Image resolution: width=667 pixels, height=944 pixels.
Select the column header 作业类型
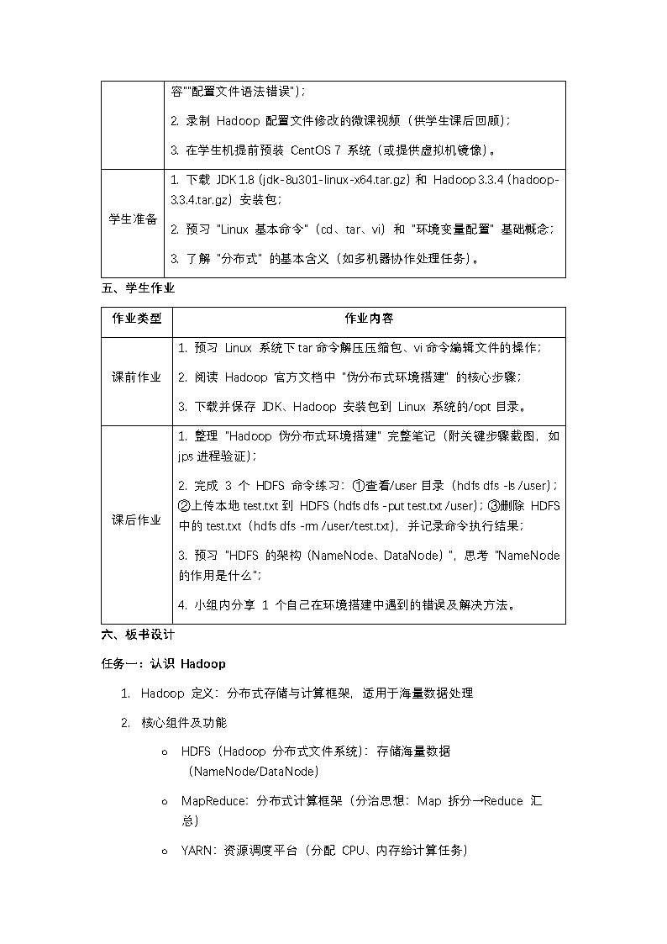(x=137, y=320)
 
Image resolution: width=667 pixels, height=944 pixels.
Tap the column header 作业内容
(x=369, y=320)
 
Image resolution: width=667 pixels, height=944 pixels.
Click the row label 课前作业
(x=137, y=377)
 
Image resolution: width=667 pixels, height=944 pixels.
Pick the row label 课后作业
(x=137, y=520)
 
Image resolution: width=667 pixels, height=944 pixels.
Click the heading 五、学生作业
(x=138, y=287)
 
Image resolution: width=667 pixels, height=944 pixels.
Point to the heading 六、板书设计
(x=138, y=635)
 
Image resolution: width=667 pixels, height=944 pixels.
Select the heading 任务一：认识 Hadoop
(x=164, y=664)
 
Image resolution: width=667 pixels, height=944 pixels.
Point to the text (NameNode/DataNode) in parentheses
(x=253, y=771)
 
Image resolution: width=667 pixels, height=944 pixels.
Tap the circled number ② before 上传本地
(x=186, y=506)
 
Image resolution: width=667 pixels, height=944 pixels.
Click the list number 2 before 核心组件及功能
(x=125, y=723)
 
